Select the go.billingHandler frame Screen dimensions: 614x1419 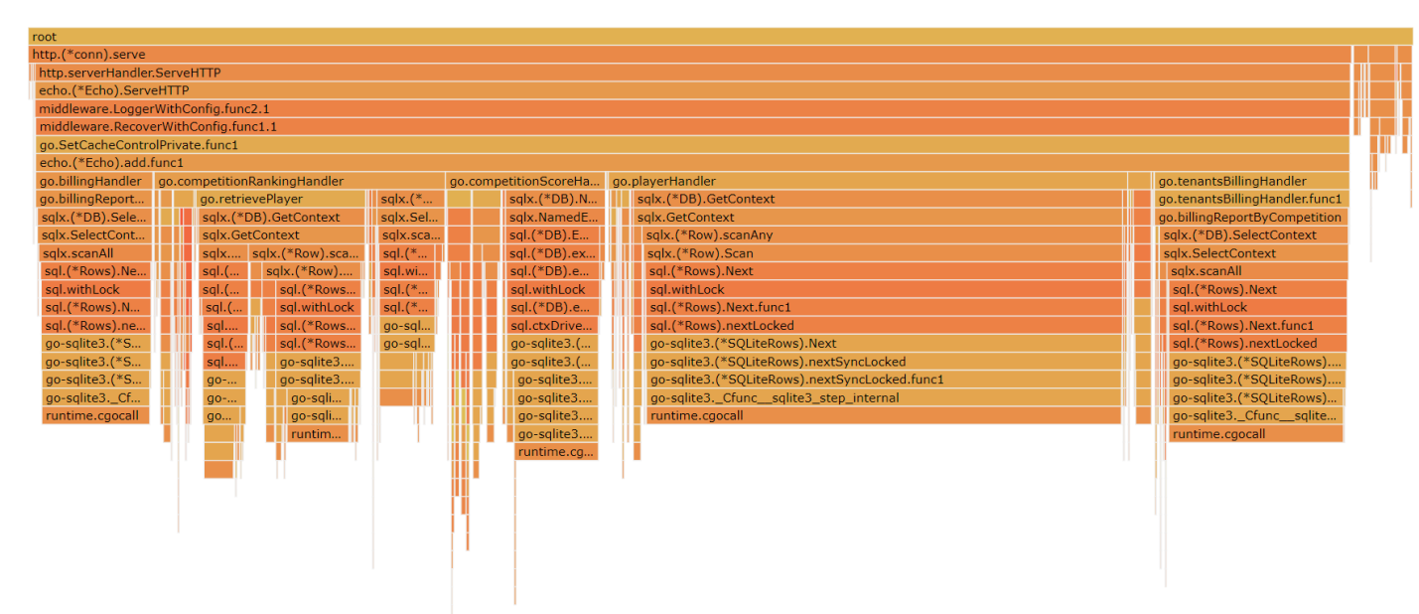tap(94, 181)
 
